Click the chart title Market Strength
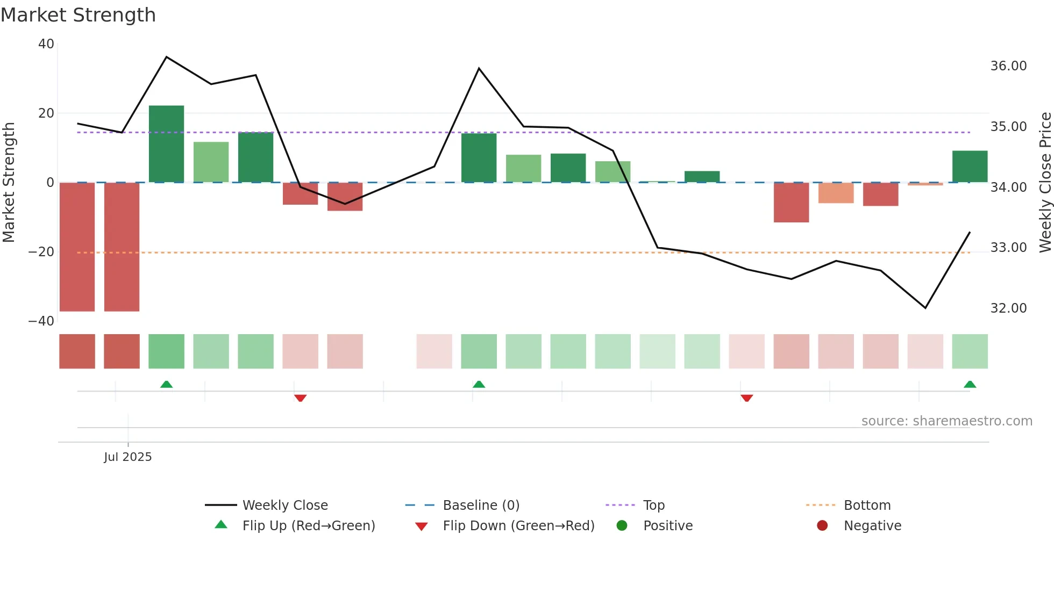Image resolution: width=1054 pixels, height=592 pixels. click(x=78, y=15)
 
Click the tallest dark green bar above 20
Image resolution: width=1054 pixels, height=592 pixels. click(x=166, y=143)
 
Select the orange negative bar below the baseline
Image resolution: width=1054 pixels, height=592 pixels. click(x=836, y=193)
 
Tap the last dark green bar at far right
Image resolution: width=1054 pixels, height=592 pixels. click(x=970, y=167)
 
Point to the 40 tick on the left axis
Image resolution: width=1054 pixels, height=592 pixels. click(x=46, y=44)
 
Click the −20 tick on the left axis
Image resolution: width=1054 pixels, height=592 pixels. click(x=41, y=252)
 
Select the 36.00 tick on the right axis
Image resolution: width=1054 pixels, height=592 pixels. click(x=1008, y=66)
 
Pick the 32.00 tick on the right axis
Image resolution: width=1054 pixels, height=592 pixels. click(x=1008, y=308)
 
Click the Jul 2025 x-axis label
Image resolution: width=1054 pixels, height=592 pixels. click(x=128, y=457)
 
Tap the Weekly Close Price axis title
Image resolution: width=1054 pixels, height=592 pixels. click(x=1045, y=183)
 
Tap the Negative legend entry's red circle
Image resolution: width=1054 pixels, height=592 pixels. click(x=822, y=526)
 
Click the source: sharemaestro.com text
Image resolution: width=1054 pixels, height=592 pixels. click(x=946, y=421)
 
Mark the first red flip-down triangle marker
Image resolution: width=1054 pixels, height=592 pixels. click(x=300, y=398)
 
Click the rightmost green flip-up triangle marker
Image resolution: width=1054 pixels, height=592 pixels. click(x=970, y=384)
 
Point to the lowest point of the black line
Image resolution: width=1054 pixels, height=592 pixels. click(x=925, y=308)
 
